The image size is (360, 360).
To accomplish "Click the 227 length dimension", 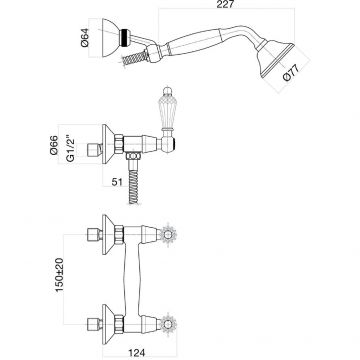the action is [226, 4].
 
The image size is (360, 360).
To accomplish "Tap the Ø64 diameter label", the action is [85, 37].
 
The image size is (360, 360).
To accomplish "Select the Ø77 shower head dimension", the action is [291, 73].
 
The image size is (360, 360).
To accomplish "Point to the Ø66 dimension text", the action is [54, 145].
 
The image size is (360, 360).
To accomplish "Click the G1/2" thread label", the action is [69, 148].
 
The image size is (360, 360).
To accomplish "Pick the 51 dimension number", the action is [117, 182].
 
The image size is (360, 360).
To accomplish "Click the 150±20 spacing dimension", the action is [59, 275].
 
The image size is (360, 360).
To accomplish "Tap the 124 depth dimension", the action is [136, 353].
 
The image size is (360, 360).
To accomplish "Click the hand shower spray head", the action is [275, 59].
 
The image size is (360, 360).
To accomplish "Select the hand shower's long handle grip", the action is [193, 42].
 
